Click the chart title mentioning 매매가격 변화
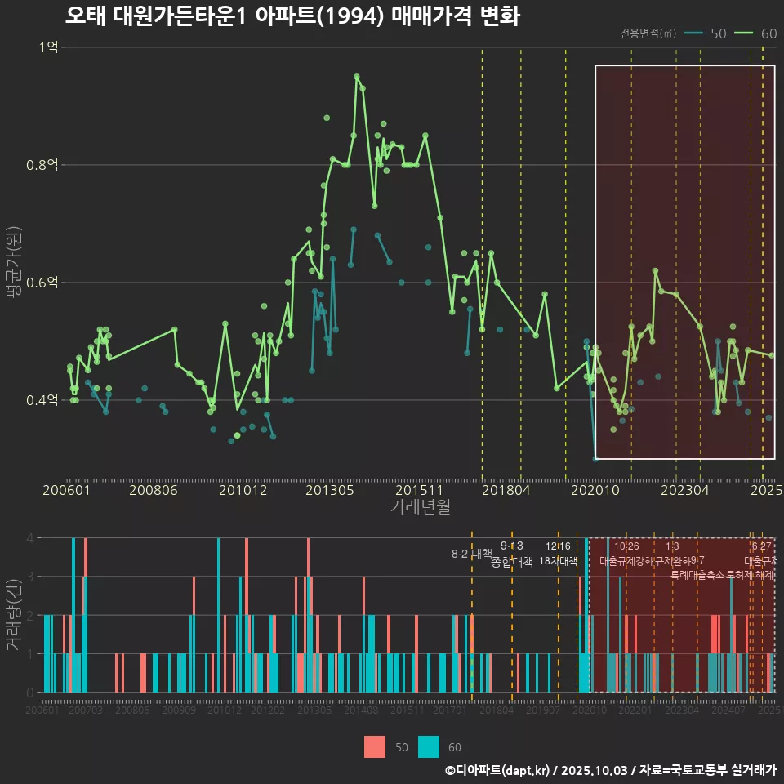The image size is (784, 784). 292,17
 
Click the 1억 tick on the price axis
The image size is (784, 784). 48,47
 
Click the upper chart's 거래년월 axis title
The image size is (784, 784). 420,506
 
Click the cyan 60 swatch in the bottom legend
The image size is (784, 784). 428,746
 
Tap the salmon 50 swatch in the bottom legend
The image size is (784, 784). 375,746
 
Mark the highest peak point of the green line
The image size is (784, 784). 356,77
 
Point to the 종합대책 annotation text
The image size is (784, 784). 512,561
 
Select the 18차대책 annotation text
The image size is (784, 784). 559,561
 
